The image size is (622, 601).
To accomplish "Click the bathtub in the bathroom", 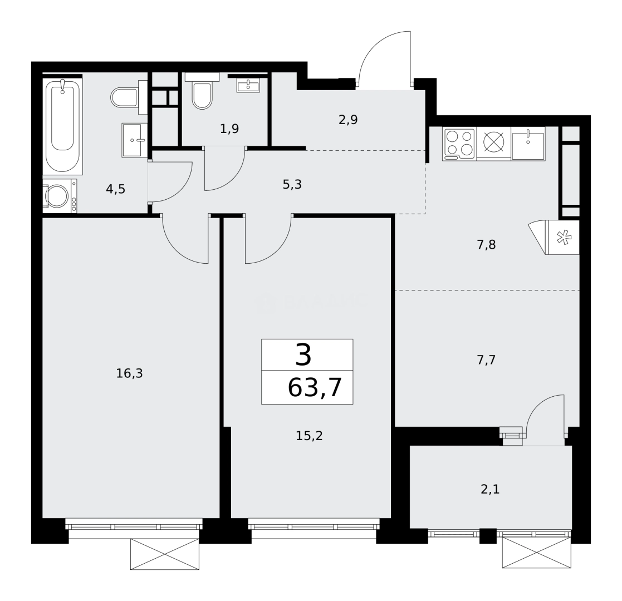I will (x=62, y=126).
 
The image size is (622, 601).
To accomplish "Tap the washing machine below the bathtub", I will (x=58, y=196).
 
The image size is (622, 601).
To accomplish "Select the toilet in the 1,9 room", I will (x=202, y=95).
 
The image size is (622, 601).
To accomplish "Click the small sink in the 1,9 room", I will (x=248, y=86).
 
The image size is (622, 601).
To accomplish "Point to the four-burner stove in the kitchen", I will (x=459, y=143).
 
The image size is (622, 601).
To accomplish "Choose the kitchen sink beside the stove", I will (x=527, y=144).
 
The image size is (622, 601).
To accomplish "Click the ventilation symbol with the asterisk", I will (x=564, y=238).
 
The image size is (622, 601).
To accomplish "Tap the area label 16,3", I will (x=129, y=373).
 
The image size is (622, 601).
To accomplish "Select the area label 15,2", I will (x=309, y=436).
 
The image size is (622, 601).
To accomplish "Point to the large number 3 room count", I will (x=303, y=355).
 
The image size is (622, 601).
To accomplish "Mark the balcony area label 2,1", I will (x=490, y=489).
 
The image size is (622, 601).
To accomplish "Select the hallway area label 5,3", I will (x=292, y=184).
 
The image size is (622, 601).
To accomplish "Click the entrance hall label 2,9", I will (x=348, y=120).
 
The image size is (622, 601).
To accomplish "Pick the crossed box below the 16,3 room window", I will (x=164, y=554).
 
